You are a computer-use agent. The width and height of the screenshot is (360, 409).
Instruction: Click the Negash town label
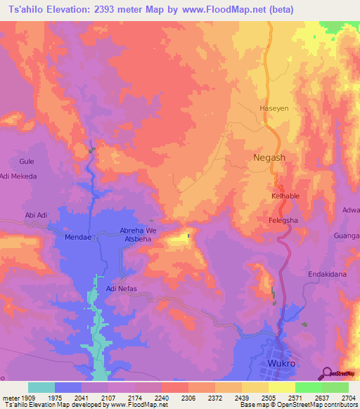269,157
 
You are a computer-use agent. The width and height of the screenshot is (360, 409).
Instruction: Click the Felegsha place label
285,220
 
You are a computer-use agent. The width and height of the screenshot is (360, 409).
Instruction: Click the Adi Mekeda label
19,176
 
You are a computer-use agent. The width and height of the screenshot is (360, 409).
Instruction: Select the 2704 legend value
349,397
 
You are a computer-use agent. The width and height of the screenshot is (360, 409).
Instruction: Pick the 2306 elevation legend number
188,397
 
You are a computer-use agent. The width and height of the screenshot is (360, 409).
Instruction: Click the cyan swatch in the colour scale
41,387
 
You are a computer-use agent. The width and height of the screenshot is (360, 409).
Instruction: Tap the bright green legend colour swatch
308,387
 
